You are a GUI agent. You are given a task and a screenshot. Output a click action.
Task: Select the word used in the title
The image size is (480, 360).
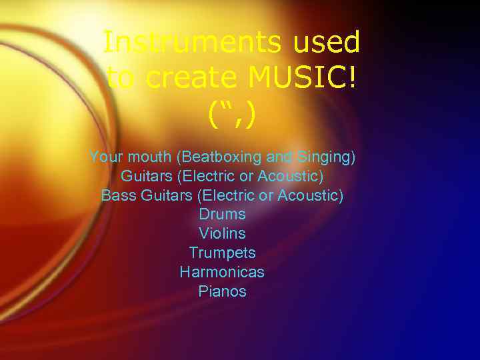[326, 43]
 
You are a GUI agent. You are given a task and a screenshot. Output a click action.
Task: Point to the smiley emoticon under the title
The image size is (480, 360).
[231, 115]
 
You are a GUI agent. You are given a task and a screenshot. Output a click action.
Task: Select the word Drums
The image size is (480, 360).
[222, 215]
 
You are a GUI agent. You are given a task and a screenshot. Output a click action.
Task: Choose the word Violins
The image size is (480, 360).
[222, 234]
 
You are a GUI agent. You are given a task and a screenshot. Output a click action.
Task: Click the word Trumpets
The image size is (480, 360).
[222, 253]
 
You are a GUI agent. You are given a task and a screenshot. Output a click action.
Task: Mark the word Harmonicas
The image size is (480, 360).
[222, 273]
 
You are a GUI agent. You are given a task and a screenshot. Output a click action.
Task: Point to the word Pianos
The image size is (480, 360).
[222, 292]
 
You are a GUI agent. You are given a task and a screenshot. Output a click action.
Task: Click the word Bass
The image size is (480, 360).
[115, 196]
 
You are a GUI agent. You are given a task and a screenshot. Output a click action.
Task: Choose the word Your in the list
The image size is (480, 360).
[105, 158]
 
